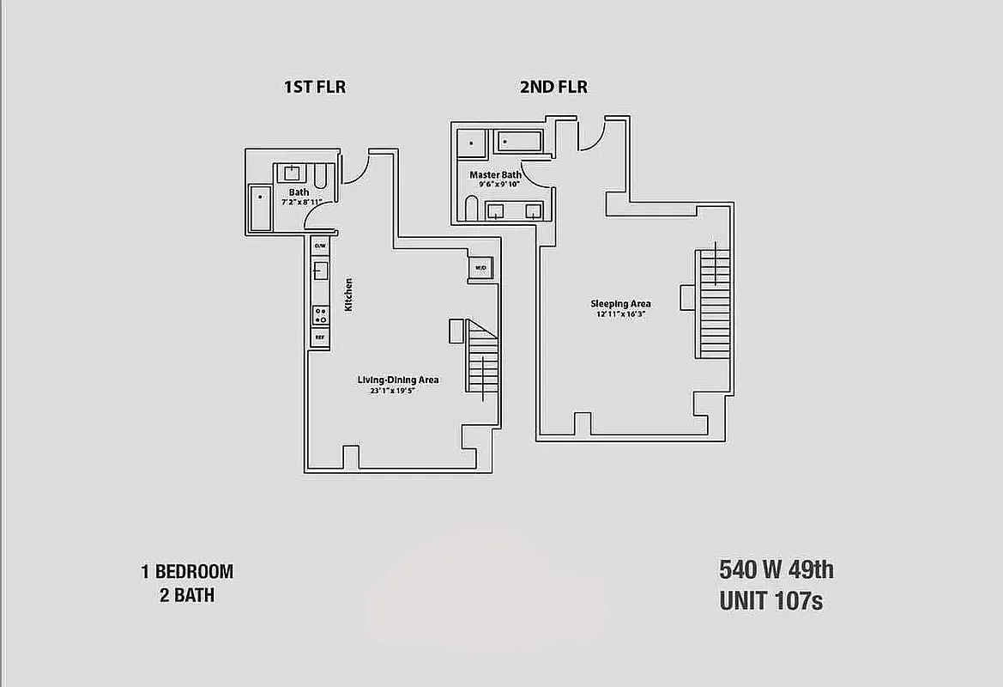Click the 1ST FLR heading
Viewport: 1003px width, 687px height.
(314, 87)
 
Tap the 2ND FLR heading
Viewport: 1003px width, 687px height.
(553, 87)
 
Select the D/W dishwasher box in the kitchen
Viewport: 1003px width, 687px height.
(320, 246)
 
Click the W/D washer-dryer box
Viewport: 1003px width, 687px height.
(480, 268)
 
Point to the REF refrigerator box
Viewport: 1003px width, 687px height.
(320, 337)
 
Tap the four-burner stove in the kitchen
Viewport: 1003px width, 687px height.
(320, 313)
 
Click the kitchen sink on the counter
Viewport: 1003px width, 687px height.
(320, 271)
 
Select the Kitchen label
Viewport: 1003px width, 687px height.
(349, 295)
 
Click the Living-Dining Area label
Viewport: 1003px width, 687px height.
(398, 380)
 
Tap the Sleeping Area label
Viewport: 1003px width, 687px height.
(620, 303)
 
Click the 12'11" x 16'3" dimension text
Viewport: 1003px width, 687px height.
(620, 314)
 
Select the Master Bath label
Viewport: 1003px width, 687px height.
(495, 175)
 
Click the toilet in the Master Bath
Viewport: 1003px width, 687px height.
(469, 208)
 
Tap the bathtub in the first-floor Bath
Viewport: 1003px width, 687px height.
(260, 208)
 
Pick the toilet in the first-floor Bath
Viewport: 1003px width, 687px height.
(319, 177)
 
